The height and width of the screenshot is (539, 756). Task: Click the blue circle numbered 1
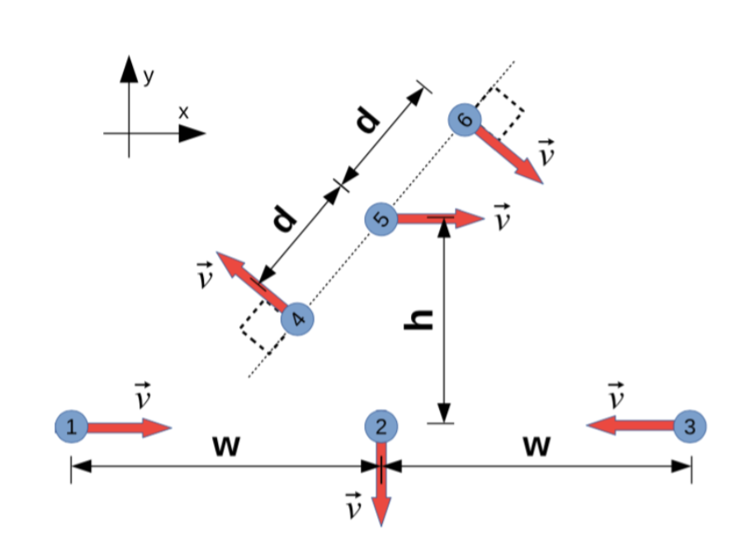click(71, 426)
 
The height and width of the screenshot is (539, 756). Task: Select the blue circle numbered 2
click(381, 426)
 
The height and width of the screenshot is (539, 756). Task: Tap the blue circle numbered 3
click(690, 426)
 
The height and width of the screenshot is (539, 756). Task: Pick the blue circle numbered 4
click(297, 319)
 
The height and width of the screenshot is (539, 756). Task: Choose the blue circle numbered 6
click(465, 120)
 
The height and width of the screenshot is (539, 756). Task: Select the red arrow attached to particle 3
click(631, 426)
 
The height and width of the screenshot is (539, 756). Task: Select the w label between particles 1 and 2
click(225, 446)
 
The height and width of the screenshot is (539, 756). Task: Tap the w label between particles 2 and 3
click(536, 446)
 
